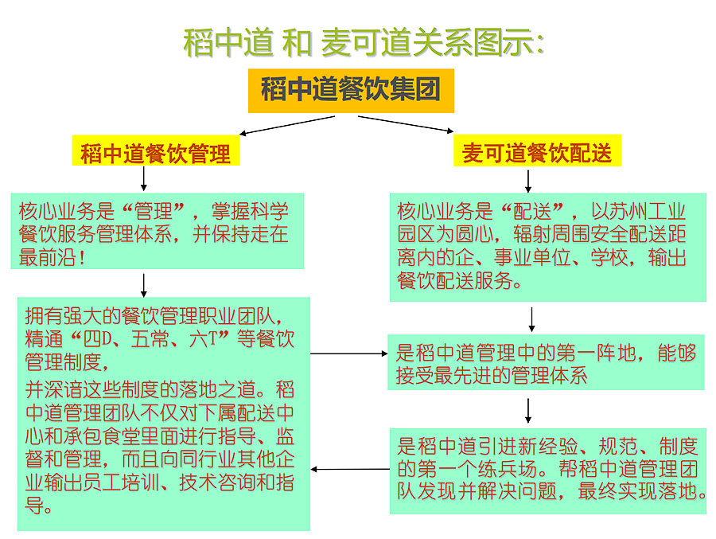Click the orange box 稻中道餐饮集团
[x=350, y=89]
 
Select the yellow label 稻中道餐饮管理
[x=155, y=152]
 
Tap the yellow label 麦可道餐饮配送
[x=537, y=152]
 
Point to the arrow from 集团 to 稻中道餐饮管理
[x=287, y=125]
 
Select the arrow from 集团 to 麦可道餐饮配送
[x=406, y=125]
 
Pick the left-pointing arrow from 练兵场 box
[x=350, y=469]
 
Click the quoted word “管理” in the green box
[x=160, y=212]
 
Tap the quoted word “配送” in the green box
[x=539, y=212]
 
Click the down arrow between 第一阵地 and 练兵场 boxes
[x=528, y=409]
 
